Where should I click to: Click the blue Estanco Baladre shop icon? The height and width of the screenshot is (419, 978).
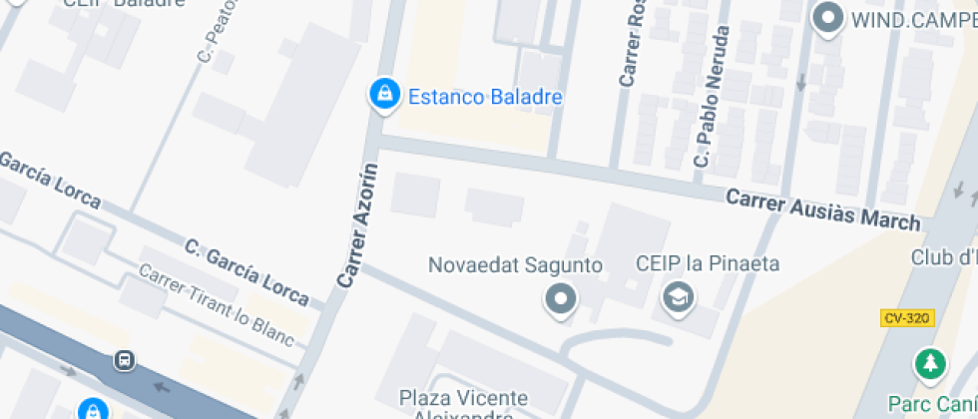[x=382, y=95]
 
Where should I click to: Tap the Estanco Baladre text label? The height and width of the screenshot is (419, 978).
[x=485, y=98]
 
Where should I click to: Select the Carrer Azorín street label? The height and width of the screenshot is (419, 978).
[x=358, y=226]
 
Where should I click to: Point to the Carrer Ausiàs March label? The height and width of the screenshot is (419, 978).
[x=822, y=209]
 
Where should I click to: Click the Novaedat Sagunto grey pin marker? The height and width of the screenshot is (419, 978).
[x=561, y=298]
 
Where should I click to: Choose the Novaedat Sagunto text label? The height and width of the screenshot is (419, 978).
[x=515, y=265]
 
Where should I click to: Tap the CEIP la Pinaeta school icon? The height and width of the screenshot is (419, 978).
[x=680, y=296]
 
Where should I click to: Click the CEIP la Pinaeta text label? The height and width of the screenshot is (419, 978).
[x=708, y=264]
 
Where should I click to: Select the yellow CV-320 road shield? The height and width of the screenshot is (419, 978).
[x=907, y=318]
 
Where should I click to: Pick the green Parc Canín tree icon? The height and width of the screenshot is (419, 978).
[x=931, y=362]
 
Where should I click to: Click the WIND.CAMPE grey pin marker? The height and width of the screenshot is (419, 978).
[x=826, y=18]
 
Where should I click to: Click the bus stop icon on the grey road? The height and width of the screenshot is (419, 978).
[x=124, y=359]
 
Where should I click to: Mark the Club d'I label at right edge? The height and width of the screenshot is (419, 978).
[x=943, y=257]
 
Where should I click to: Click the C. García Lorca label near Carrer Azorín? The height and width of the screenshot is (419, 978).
[x=253, y=271]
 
